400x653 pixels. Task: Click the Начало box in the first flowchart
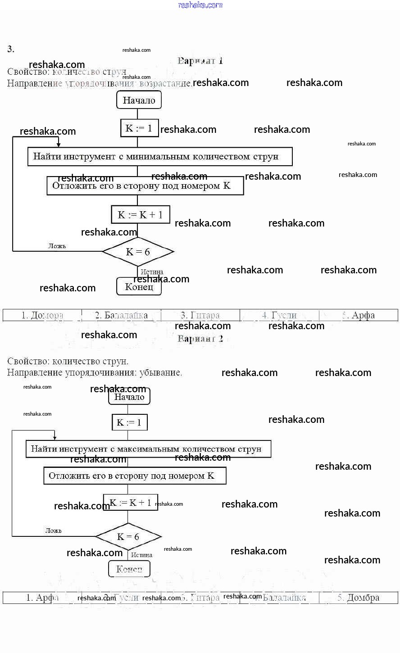pyautogui.click(x=139, y=100)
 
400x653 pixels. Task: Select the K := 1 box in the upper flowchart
pyautogui.click(x=138, y=128)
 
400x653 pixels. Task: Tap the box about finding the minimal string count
pyautogui.click(x=160, y=157)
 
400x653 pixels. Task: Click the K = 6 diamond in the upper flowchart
pyautogui.click(x=138, y=252)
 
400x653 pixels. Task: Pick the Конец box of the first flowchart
pyautogui.click(x=139, y=286)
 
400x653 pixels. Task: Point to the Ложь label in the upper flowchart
pyautogui.click(x=57, y=246)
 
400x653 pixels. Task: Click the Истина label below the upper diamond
pyautogui.click(x=152, y=272)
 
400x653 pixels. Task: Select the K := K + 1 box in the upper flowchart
pyautogui.click(x=140, y=214)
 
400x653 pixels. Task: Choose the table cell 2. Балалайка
pyautogui.click(x=121, y=315)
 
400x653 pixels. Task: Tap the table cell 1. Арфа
pyautogui.click(x=42, y=598)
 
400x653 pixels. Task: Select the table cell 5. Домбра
pyautogui.click(x=358, y=598)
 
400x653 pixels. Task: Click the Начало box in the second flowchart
pyautogui.click(x=129, y=397)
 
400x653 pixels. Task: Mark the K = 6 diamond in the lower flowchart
pyautogui.click(x=128, y=536)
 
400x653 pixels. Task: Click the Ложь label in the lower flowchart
pyautogui.click(x=54, y=531)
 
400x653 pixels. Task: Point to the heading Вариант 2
pyautogui.click(x=200, y=339)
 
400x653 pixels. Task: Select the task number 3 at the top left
pyautogui.click(x=11, y=49)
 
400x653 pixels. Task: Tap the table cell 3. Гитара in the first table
pyautogui.click(x=200, y=315)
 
